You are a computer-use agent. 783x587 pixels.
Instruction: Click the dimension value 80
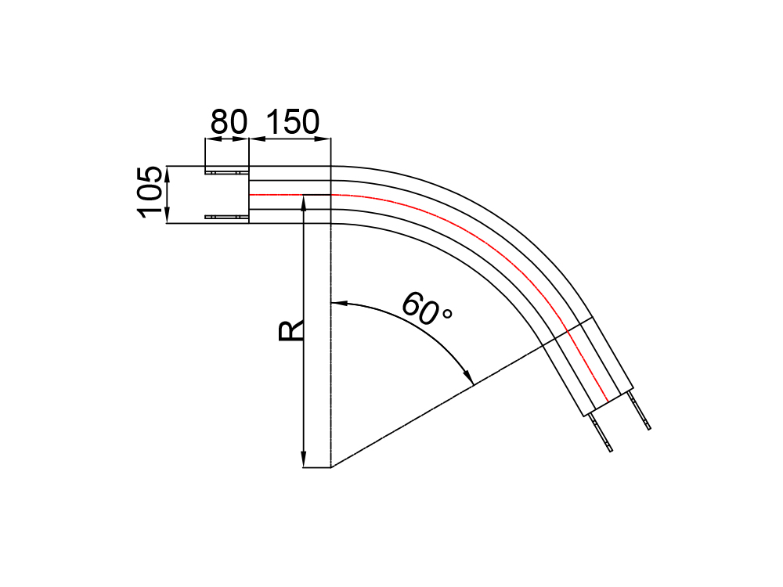coord(229,121)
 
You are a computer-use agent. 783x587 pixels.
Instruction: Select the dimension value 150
coord(292,121)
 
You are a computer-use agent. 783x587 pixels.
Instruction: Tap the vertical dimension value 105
coord(150,193)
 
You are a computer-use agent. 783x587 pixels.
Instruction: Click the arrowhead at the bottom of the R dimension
coord(303,460)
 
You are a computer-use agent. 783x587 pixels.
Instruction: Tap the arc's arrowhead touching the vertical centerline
coord(338,302)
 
